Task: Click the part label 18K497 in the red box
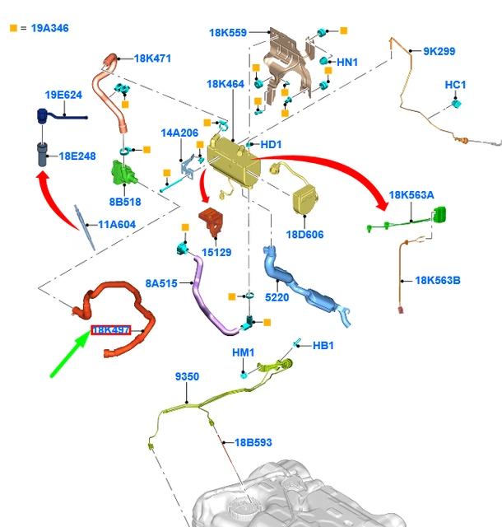(x=110, y=330)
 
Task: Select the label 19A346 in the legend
(x=50, y=28)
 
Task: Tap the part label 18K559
(x=227, y=33)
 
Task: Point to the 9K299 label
(x=439, y=51)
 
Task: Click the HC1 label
(x=455, y=85)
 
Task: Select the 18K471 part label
(x=152, y=59)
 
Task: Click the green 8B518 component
(x=124, y=174)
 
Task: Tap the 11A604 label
(x=117, y=224)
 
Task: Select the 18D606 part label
(x=304, y=235)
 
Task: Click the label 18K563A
(x=411, y=195)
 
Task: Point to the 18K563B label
(x=438, y=280)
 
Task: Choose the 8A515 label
(x=161, y=282)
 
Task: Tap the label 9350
(x=187, y=376)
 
